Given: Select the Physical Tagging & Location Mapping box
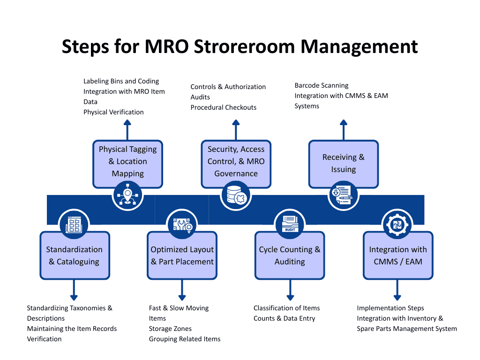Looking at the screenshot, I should pyautogui.click(x=127, y=162).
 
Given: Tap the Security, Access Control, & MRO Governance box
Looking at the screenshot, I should pyautogui.click(x=236, y=162).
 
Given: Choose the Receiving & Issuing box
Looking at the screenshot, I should pyautogui.click(x=343, y=164).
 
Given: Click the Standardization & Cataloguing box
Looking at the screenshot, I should pyautogui.click(x=75, y=255).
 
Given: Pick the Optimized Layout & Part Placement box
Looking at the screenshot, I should pyautogui.click(x=182, y=255).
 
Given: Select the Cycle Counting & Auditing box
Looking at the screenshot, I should pyautogui.click(x=289, y=255).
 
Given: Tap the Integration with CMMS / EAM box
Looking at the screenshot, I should pyautogui.click(x=397, y=255).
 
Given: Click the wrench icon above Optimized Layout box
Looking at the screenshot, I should pyautogui.click(x=182, y=225).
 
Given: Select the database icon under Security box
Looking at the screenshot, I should pyautogui.click(x=236, y=195).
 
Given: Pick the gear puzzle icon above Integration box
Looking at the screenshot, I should pyautogui.click(x=397, y=224).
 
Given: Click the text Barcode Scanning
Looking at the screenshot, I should pyautogui.click(x=321, y=85).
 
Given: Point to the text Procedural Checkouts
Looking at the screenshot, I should pyautogui.click(x=223, y=107).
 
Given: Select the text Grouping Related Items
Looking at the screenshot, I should pyautogui.click(x=184, y=339).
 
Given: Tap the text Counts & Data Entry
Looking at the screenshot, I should pyautogui.click(x=284, y=318).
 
